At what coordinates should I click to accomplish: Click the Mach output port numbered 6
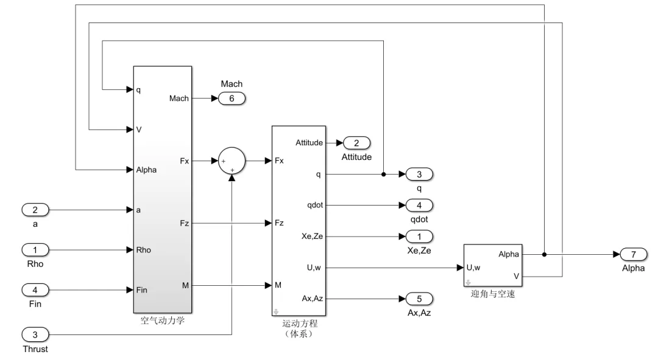tap(232, 99)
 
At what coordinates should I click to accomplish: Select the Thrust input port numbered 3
tap(35, 334)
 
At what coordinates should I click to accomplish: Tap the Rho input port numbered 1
tap(35, 250)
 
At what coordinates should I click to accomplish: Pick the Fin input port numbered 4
tap(35, 290)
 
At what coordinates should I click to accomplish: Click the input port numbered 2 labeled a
tap(35, 210)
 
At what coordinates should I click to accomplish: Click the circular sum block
tap(232, 161)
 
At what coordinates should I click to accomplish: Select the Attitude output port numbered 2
tap(356, 143)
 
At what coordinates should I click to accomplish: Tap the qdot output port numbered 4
tap(419, 206)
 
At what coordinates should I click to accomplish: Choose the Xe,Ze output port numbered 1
tap(419, 237)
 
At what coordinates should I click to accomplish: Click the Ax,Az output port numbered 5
tap(419, 299)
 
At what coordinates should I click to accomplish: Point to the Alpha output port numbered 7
tap(634, 254)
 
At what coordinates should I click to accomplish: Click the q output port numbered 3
tap(419, 174)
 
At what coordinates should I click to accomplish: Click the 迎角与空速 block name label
tap(493, 294)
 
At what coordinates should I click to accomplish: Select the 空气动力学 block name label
tap(163, 320)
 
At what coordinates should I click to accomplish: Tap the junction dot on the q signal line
tap(384, 174)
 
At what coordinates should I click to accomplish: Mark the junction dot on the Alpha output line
tap(544, 254)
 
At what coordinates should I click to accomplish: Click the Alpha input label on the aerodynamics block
tap(146, 170)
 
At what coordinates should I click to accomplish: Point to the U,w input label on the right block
tap(473, 268)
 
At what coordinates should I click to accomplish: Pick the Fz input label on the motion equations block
tap(279, 223)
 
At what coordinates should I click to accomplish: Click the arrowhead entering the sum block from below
tap(232, 178)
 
